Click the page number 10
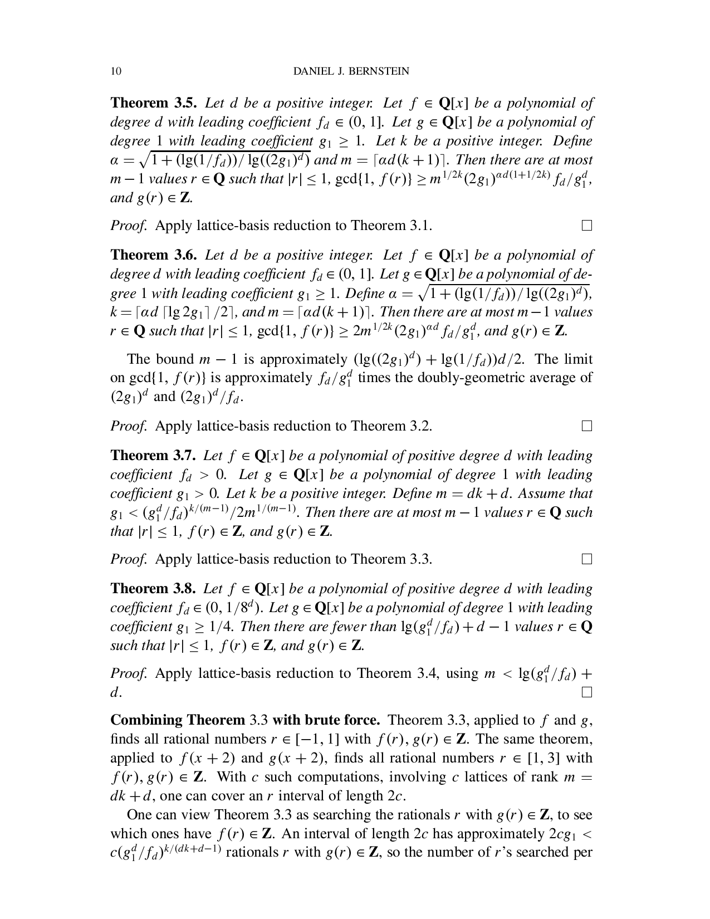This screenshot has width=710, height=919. point(116,71)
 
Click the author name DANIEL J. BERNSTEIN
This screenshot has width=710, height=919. point(351,71)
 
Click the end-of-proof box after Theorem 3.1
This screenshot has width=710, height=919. point(586,226)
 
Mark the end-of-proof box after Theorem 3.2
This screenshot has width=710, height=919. point(586,426)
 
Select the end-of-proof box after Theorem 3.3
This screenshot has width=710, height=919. point(586,559)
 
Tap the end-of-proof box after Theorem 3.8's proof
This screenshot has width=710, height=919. point(586,692)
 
